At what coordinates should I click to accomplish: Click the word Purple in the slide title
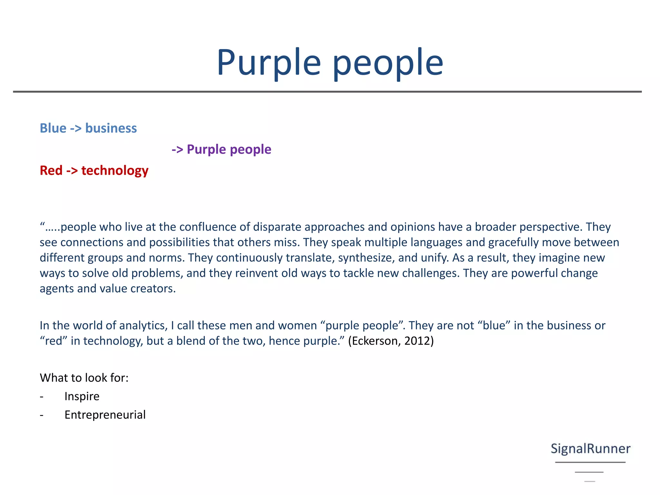(x=269, y=63)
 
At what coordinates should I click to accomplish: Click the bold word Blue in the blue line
(x=53, y=128)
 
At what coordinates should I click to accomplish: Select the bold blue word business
(x=111, y=128)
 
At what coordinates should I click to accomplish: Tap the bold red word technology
(x=115, y=171)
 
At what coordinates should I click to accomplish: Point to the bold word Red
(x=51, y=170)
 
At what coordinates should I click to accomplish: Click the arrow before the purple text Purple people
(x=177, y=150)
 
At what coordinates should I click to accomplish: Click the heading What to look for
(x=84, y=378)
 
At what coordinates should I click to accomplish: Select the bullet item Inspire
(x=82, y=396)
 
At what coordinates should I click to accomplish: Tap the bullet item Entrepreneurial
(x=105, y=415)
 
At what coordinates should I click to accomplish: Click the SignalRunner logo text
(x=590, y=449)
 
